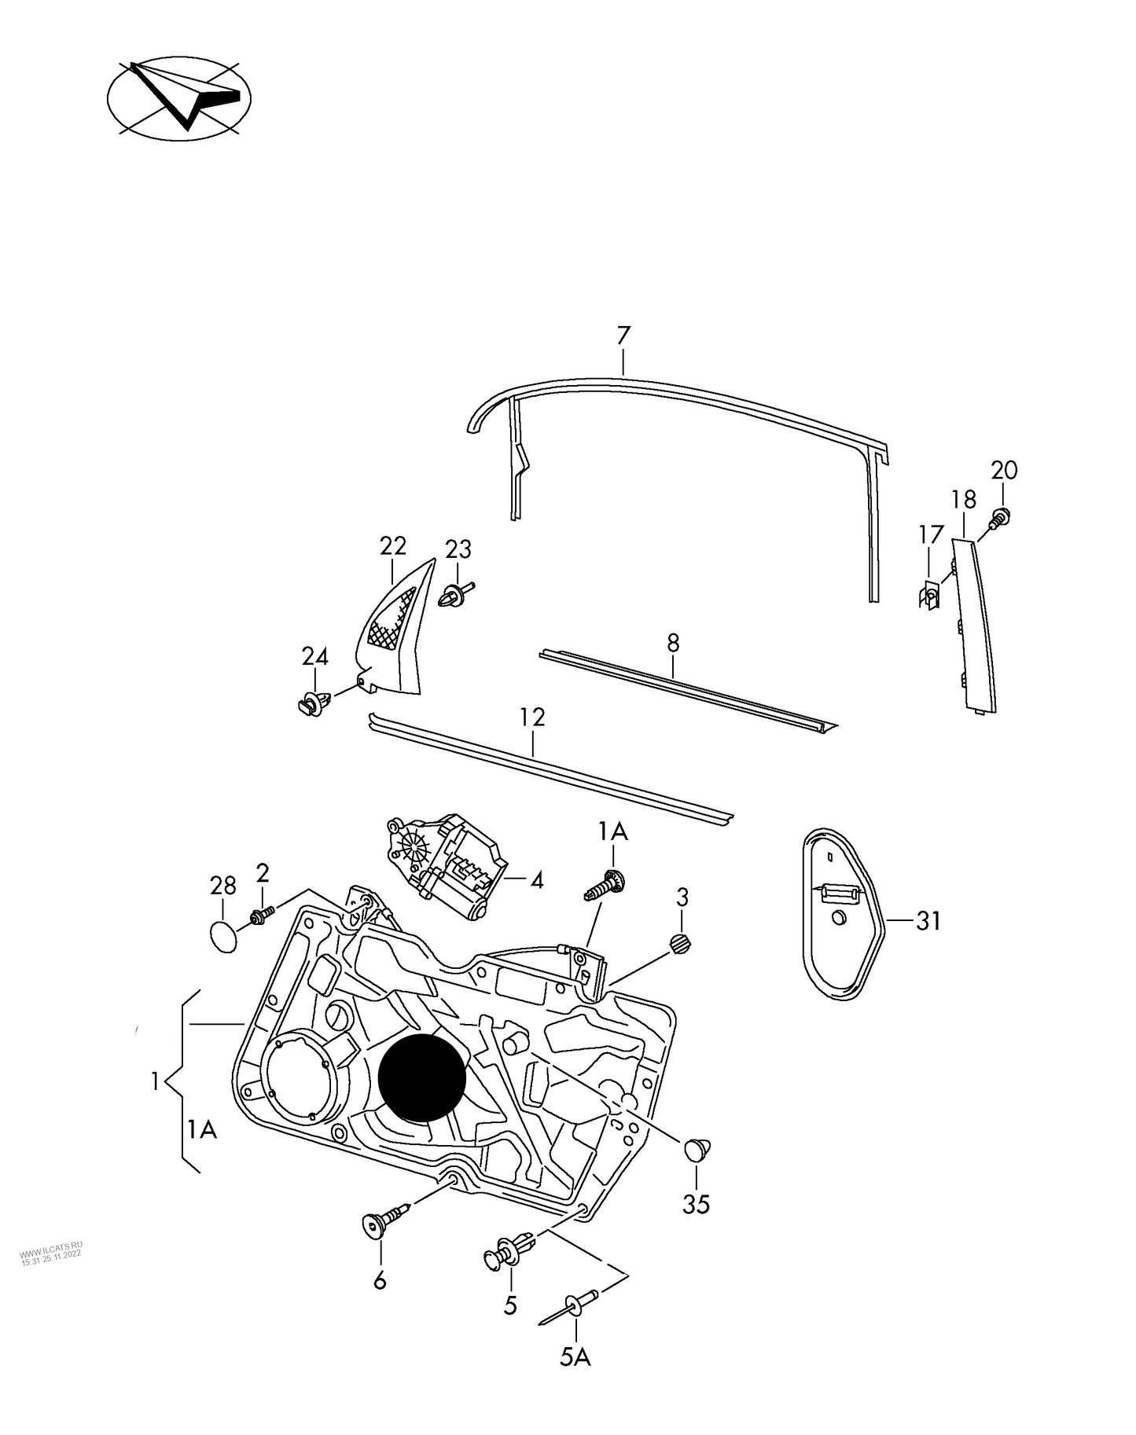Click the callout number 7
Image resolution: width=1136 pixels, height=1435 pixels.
pos(623,336)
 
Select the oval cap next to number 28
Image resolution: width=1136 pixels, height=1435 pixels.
pos(223,937)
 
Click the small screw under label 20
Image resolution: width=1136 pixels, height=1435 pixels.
pos(1000,516)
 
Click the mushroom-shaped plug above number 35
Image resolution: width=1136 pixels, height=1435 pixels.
pos(697,1148)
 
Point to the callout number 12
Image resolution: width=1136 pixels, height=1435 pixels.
pos(532,717)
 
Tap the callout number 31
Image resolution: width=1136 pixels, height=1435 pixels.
pos(928,920)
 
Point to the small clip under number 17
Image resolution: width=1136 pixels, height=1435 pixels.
pos(929,597)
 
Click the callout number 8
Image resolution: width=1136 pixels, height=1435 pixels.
pos(673,643)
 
